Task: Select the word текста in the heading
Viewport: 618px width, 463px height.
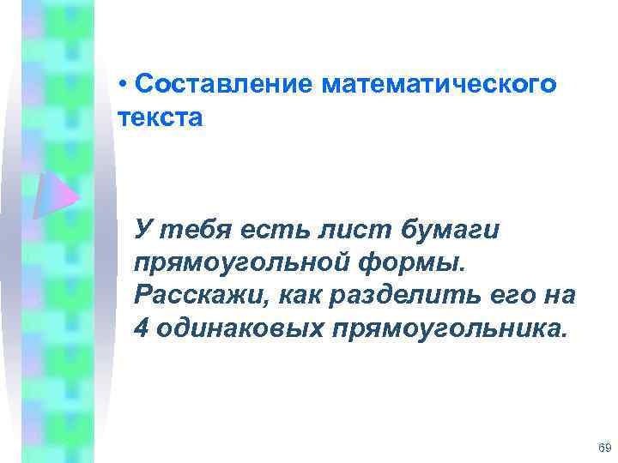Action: coord(161,117)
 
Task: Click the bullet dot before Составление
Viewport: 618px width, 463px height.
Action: coord(124,86)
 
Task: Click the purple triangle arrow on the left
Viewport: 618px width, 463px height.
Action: coord(57,194)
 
